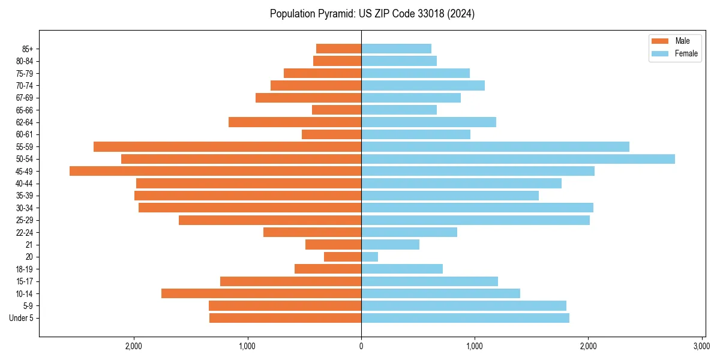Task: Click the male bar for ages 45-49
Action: pyautogui.click(x=215, y=171)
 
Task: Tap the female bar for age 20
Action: pyautogui.click(x=370, y=257)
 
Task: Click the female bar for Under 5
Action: pyautogui.click(x=465, y=318)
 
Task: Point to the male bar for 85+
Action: pyautogui.click(x=338, y=49)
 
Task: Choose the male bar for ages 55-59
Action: pyautogui.click(x=227, y=146)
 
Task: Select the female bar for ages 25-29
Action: pyautogui.click(x=475, y=220)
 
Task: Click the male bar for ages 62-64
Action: pyautogui.click(x=295, y=122)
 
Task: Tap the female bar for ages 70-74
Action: pyautogui.click(x=423, y=85)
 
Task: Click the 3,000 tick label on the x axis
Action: pyautogui.click(x=701, y=346)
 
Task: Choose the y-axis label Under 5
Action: pyautogui.click(x=22, y=318)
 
